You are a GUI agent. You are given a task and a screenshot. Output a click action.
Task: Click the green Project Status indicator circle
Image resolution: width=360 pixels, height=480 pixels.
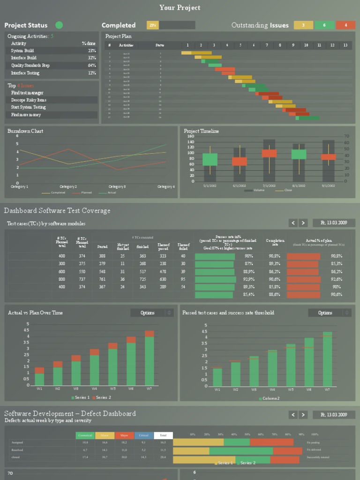pyautogui.click(x=59, y=25)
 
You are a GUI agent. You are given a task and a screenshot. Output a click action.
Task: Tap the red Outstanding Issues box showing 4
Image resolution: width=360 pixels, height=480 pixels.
pyautogui.click(x=345, y=25)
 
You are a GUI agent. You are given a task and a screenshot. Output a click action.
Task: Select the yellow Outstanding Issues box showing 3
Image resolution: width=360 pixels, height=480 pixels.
pyautogui.click(x=303, y=25)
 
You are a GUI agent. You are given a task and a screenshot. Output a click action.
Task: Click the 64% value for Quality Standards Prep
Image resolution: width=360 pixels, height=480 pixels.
pyautogui.click(x=92, y=66)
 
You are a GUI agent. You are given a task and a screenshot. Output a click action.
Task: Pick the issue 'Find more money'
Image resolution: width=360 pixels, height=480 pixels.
pyautogui.click(x=26, y=115)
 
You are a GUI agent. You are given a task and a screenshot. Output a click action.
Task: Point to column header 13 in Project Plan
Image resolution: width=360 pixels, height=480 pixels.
pyautogui.click(x=345, y=45)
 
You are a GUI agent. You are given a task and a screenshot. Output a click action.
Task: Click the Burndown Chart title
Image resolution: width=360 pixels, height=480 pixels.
pyautogui.click(x=25, y=131)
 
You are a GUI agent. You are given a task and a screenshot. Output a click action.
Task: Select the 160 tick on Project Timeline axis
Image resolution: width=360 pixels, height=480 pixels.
pyautogui.click(x=191, y=136)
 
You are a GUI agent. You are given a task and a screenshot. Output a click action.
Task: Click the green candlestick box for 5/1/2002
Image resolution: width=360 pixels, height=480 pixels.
pyautogui.click(x=210, y=159)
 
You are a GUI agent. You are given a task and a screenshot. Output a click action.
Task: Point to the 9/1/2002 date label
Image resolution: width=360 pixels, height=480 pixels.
pyautogui.click(x=328, y=186)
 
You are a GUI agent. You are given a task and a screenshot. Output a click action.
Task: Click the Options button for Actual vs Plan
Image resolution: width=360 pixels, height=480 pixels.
pyautogui.click(x=151, y=313)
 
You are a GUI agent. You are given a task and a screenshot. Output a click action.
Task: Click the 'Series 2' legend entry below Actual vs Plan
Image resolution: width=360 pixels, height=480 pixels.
pyautogui.click(x=103, y=397)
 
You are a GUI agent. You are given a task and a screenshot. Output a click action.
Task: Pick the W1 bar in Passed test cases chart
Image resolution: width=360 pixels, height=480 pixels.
pyautogui.click(x=217, y=376)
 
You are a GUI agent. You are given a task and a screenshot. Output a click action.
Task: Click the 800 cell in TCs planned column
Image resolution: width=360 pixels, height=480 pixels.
pyautogui.click(x=62, y=279)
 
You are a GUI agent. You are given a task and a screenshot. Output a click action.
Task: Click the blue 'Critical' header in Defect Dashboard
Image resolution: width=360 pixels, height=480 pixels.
pyautogui.click(x=143, y=435)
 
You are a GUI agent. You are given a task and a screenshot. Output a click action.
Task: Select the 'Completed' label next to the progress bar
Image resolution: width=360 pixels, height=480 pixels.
pyautogui.click(x=119, y=25)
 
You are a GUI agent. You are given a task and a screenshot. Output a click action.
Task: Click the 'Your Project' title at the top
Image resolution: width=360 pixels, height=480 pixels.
pyautogui.click(x=180, y=7)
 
